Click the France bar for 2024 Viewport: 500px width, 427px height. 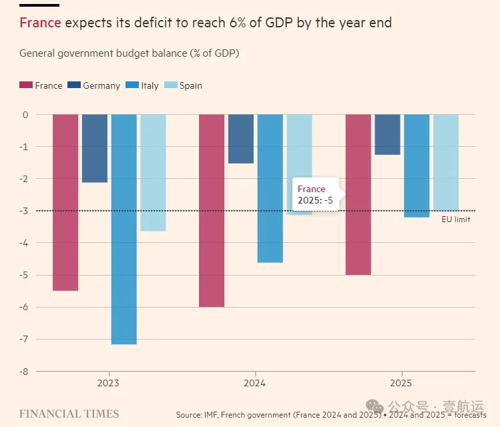pyautogui.click(x=212, y=210)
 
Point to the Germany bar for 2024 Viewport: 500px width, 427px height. pyautogui.click(x=241, y=139)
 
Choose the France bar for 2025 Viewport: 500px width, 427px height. pyautogui.click(x=358, y=194)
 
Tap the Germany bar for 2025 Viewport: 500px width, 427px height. pyautogui.click(x=387, y=134)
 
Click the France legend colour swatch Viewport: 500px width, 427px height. pyautogui.click(x=26, y=85)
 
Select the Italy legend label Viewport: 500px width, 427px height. pyautogui.click(x=150, y=85)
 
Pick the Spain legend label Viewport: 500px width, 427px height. pyautogui.click(x=190, y=85)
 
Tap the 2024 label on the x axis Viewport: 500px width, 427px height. pyautogui.click(x=255, y=384)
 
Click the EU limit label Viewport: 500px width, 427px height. pyautogui.click(x=456, y=219)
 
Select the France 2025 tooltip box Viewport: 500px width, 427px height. pyautogui.click(x=316, y=195)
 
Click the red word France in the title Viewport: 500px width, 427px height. pyautogui.click(x=40, y=23)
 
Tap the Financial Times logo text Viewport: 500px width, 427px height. pyautogui.click(x=69, y=414)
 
